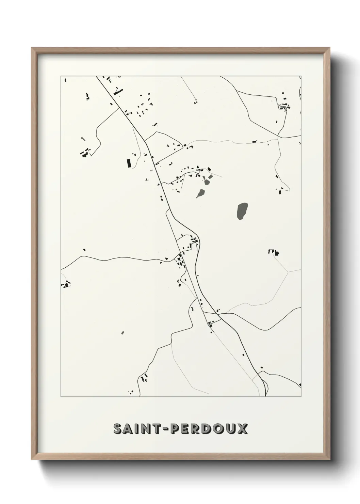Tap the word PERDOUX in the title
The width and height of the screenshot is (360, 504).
[209, 429]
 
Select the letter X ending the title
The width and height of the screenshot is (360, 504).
[242, 429]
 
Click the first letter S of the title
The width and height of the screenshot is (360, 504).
[117, 429]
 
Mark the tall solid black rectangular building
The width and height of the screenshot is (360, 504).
[129, 163]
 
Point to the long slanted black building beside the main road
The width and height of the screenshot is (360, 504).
[118, 91]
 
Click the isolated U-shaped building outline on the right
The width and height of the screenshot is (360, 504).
[272, 251]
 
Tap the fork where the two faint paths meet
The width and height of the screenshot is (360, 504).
[288, 272]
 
